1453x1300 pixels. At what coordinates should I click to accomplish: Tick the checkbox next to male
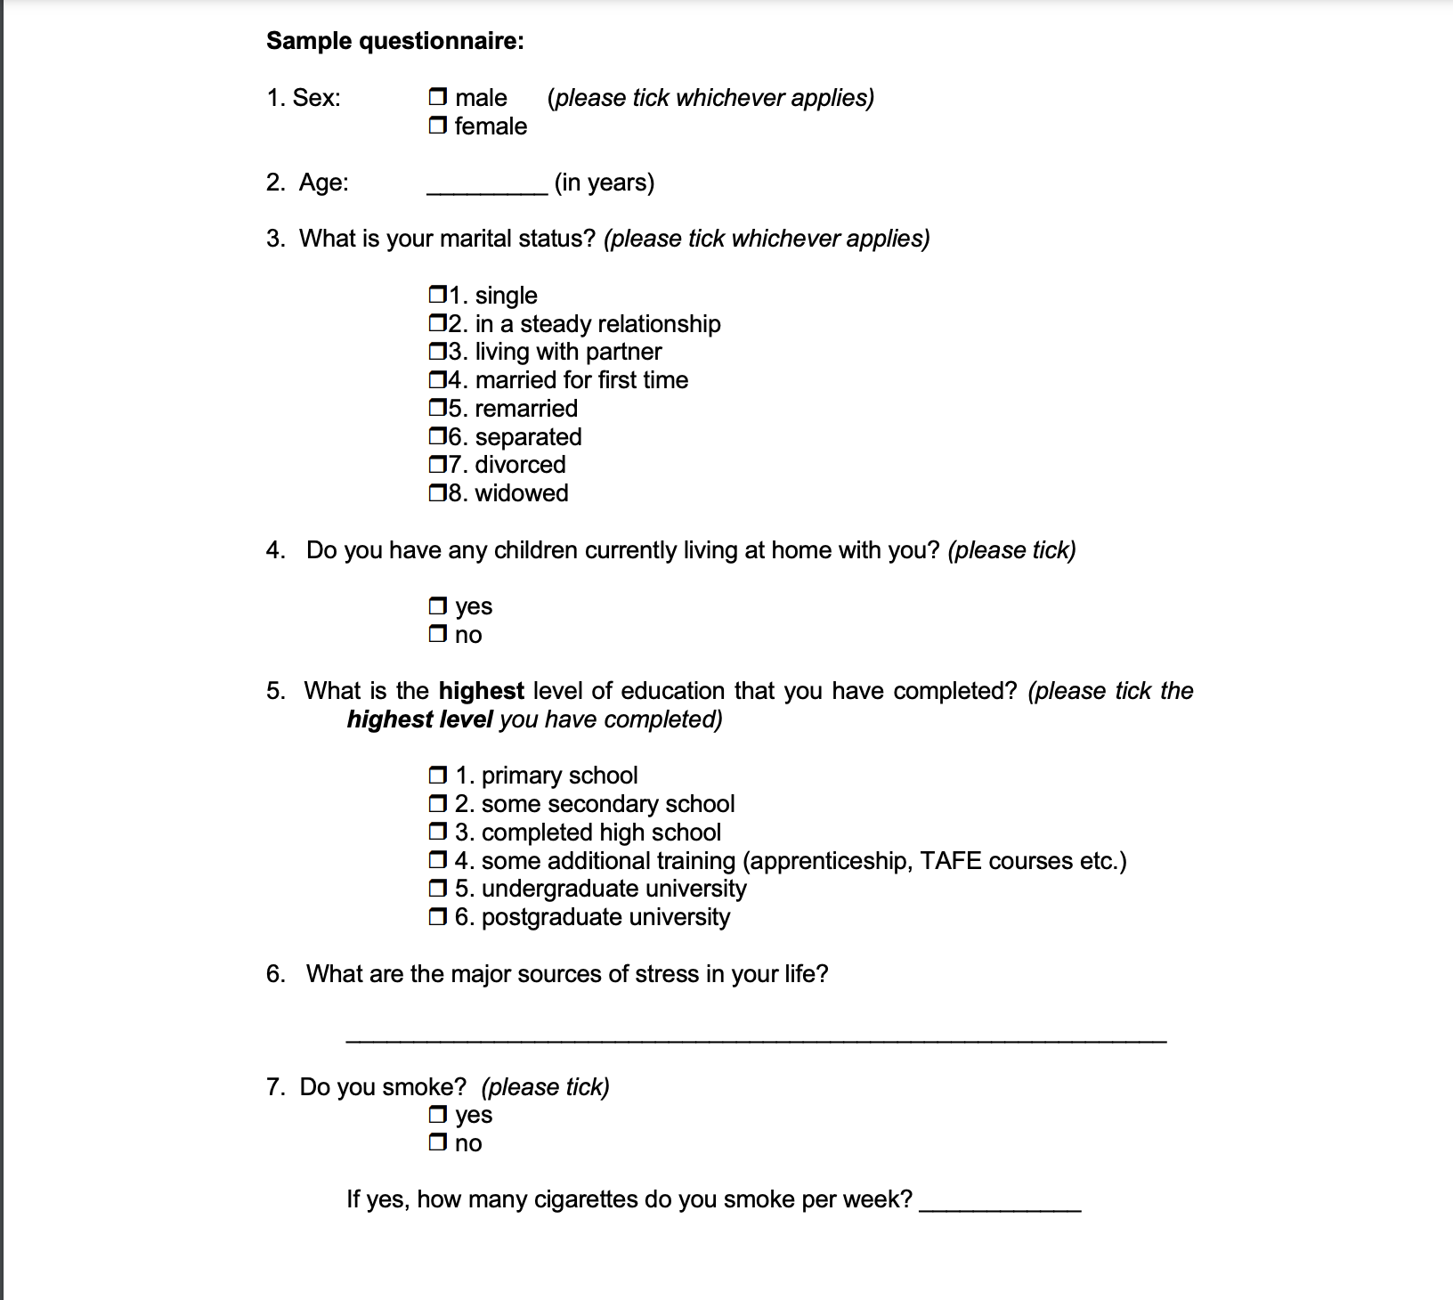pos(437,97)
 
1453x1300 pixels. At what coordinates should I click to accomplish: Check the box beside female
pos(437,126)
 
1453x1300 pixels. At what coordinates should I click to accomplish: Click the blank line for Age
pos(487,187)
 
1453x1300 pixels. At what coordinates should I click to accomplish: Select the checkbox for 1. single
pos(437,295)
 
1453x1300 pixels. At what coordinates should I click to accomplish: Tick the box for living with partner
pos(437,352)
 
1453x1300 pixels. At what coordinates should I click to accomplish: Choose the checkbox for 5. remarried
pos(437,409)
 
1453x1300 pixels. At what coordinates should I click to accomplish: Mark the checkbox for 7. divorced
pos(437,465)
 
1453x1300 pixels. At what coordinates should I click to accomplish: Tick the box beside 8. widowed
pos(437,493)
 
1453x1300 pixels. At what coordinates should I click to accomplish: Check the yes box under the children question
pos(437,606)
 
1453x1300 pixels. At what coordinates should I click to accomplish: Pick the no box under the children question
pos(437,635)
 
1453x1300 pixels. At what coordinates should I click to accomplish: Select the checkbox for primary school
pos(437,776)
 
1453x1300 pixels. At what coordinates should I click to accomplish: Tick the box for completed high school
pos(437,833)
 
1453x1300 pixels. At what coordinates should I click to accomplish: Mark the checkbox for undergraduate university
pos(437,889)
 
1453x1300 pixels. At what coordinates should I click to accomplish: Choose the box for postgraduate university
pos(437,917)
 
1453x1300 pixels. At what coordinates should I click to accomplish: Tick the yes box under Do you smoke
pos(437,1115)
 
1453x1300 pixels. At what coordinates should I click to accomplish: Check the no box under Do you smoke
pos(437,1143)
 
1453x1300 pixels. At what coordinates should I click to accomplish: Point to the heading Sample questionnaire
pos(395,41)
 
